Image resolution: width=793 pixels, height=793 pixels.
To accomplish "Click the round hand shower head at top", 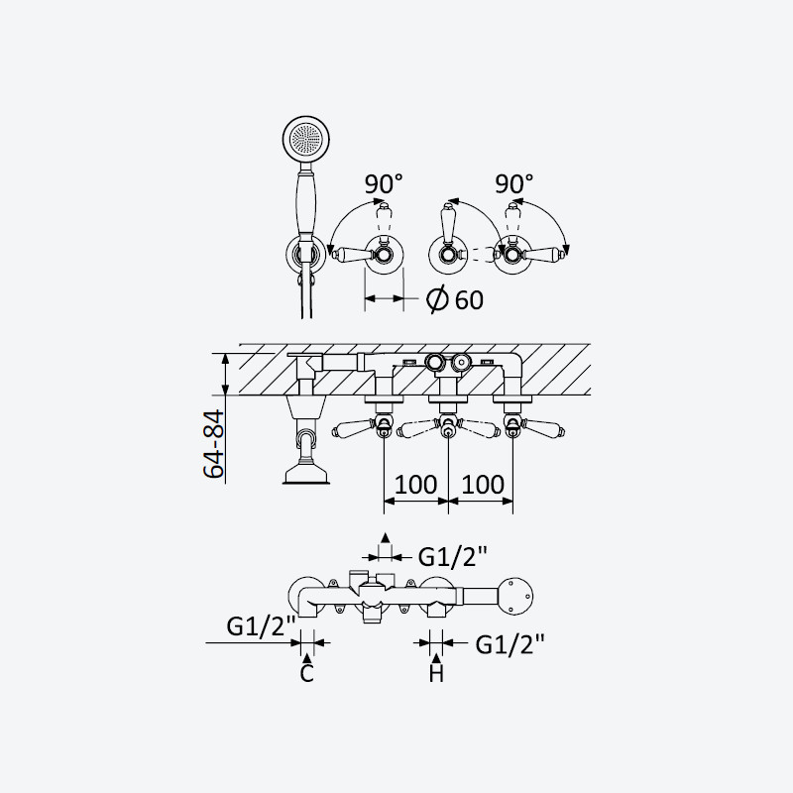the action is (x=306, y=139).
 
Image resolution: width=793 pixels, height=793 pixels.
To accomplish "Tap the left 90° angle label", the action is (x=385, y=183).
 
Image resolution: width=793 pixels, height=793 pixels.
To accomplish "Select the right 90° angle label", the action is (x=514, y=183).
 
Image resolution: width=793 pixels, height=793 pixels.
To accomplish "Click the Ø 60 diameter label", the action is (x=455, y=299).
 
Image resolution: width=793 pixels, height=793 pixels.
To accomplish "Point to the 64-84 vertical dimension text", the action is (x=213, y=444).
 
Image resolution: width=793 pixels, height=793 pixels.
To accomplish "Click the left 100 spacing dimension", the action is (x=415, y=485).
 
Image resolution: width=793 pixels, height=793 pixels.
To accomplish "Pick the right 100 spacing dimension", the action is (x=483, y=485).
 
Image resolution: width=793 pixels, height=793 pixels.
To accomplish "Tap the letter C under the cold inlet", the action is (x=307, y=674).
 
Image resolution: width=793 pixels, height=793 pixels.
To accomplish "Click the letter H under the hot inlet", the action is (x=436, y=674).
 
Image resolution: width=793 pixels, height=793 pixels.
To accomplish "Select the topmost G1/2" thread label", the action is (x=453, y=557).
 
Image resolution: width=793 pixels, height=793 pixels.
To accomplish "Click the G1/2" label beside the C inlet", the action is (x=261, y=626).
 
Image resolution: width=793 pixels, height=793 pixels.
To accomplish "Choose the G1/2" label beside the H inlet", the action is (x=510, y=644).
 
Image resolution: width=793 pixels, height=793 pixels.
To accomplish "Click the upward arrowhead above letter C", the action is (x=307, y=657).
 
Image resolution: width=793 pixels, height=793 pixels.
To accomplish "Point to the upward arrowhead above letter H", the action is (x=436, y=657).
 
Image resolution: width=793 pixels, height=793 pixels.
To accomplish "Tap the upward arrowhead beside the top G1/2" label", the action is (x=386, y=537).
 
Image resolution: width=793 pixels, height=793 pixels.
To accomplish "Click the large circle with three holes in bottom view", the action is (x=515, y=597).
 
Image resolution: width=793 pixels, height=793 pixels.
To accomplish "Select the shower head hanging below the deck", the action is (x=307, y=475).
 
